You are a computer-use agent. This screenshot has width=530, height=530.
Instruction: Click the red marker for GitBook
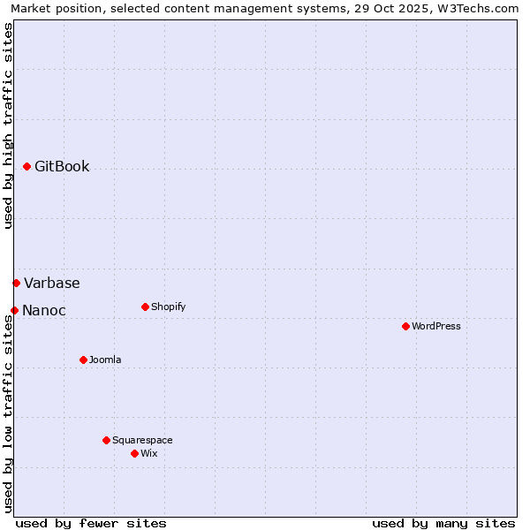(x=26, y=166)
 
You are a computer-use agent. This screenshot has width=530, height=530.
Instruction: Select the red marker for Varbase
(x=16, y=283)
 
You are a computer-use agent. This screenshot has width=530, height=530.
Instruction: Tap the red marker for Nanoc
(x=14, y=310)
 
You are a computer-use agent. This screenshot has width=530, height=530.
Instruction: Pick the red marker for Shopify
(x=145, y=307)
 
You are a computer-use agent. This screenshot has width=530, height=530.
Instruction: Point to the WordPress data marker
(x=405, y=326)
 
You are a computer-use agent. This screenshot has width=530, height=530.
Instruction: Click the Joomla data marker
(x=83, y=360)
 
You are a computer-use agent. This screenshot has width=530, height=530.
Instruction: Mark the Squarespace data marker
(x=106, y=440)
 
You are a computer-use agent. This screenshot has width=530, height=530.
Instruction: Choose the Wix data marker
(x=134, y=453)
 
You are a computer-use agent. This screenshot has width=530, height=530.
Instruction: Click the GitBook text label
(x=62, y=166)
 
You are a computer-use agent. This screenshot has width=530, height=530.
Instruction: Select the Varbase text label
(x=51, y=283)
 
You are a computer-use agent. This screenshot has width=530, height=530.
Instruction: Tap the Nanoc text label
(x=43, y=310)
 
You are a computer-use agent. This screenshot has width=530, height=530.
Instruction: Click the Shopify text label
(x=168, y=307)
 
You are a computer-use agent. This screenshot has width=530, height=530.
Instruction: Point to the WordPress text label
(x=436, y=326)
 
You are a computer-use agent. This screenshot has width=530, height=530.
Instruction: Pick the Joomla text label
(x=105, y=360)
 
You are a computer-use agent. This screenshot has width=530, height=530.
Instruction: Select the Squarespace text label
(x=142, y=440)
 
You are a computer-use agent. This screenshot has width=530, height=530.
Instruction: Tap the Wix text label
(x=149, y=453)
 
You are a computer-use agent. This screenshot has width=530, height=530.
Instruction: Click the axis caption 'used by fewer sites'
(x=91, y=523)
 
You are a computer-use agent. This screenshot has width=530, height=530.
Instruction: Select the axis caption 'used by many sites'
(x=443, y=523)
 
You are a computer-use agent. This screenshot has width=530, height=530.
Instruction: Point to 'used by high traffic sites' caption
(x=9, y=125)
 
